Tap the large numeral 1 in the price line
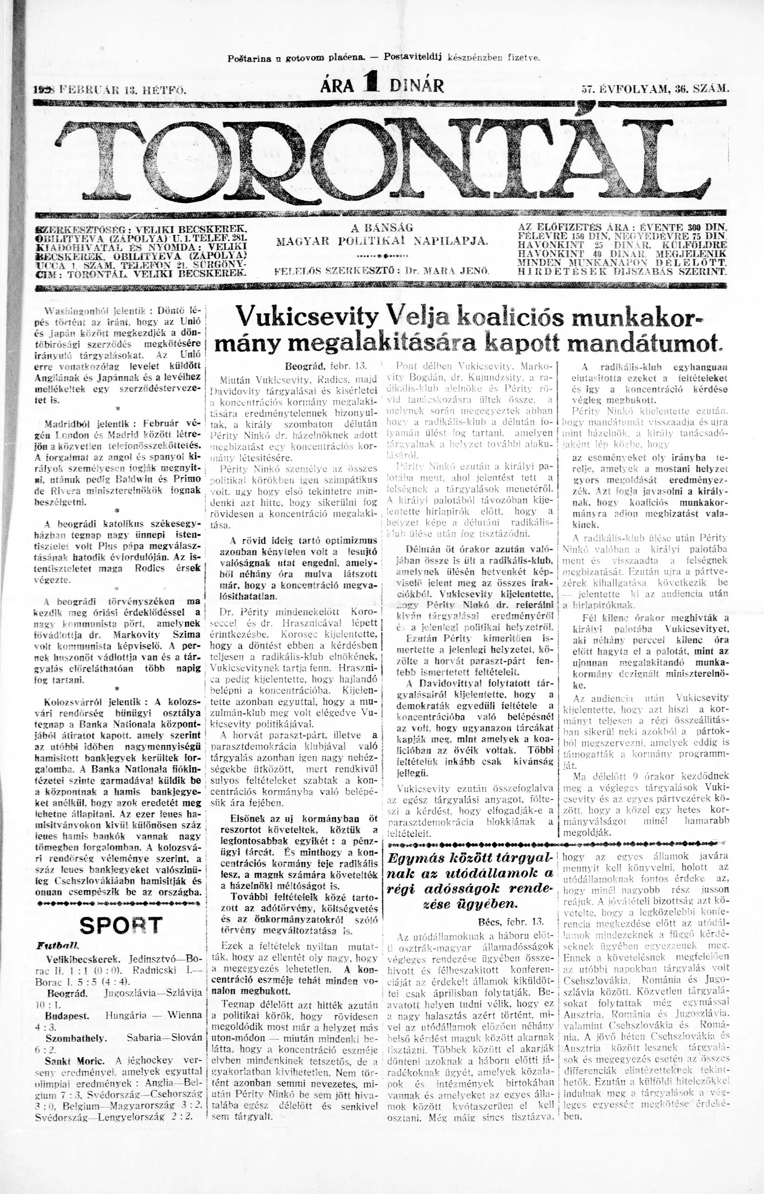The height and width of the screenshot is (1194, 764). click(370, 84)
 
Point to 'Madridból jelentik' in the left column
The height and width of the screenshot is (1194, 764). click(86, 424)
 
